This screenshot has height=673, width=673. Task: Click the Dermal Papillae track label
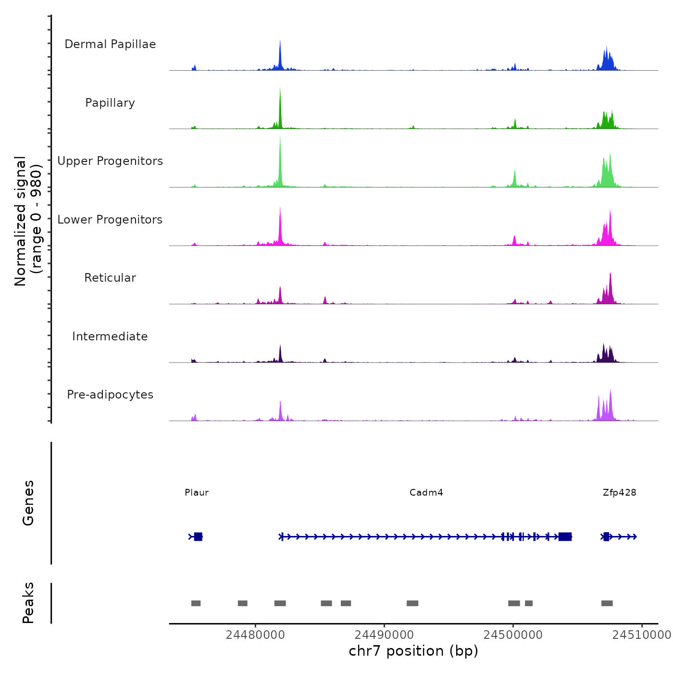[x=110, y=44]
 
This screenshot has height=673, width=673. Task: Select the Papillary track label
[x=110, y=103]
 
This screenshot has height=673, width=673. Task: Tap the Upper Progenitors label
[x=110, y=161]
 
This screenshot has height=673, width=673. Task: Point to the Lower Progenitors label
[x=110, y=220]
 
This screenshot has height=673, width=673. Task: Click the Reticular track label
[x=110, y=278]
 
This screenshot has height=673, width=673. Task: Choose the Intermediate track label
[x=110, y=336]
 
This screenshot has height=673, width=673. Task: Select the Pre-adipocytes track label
[x=110, y=395]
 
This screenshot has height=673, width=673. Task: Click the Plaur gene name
[x=197, y=493]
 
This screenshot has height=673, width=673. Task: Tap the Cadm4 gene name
[x=426, y=493]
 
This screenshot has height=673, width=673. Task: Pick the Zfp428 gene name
[x=619, y=493]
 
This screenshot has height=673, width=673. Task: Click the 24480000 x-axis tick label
[x=255, y=635]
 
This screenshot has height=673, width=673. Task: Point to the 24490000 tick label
[x=384, y=635]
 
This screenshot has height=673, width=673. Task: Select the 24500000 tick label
[x=513, y=635]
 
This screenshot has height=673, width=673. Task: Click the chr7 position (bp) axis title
[x=413, y=651]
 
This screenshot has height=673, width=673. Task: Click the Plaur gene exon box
[x=198, y=536]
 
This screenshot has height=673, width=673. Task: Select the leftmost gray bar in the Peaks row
[x=196, y=603]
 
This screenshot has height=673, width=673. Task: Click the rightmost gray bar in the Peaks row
[x=607, y=603]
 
